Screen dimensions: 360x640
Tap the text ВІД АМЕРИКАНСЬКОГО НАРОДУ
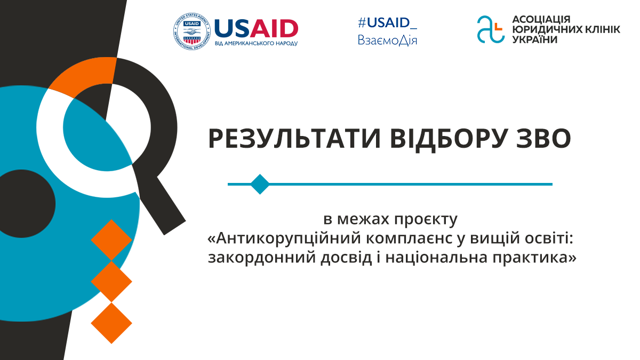pos(256,43)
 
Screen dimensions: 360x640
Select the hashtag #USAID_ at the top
pos(387,22)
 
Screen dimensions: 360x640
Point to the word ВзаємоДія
pos(387,41)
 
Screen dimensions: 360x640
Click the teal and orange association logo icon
pos(490,29)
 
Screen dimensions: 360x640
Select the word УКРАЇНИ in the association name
pos(535,39)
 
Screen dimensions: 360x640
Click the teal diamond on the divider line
pos(260,184)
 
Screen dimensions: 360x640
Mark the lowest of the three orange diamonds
pos(111,323)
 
